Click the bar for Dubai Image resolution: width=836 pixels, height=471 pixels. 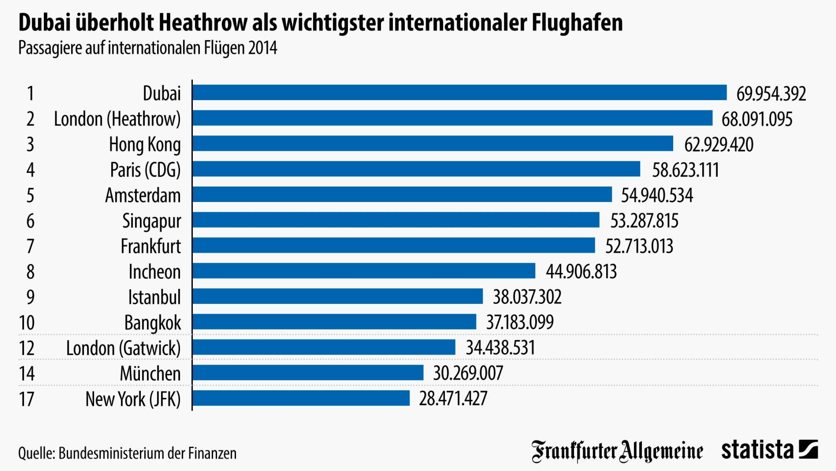(x=459, y=92)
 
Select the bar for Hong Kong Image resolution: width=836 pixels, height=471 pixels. (x=432, y=143)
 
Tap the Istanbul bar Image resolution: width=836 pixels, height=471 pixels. (x=337, y=296)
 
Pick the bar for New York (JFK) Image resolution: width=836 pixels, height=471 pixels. (x=301, y=398)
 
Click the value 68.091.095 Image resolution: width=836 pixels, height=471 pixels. (x=757, y=119)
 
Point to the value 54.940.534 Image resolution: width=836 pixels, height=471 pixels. (x=657, y=195)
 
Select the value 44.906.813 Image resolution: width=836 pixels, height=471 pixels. (x=581, y=271)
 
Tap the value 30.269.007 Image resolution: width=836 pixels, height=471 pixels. (x=468, y=373)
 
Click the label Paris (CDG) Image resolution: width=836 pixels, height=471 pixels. (x=145, y=169)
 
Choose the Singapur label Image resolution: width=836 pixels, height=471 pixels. (x=151, y=221)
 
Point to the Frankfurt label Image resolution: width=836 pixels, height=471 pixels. (x=151, y=246)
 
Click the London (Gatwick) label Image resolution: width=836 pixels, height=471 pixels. (x=123, y=348)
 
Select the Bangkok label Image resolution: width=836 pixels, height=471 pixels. (x=152, y=323)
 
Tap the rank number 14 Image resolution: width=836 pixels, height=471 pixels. (x=27, y=373)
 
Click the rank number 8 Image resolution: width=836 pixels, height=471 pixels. (x=30, y=272)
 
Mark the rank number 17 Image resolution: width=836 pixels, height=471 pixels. (x=27, y=399)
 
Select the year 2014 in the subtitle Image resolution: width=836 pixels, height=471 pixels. (x=263, y=48)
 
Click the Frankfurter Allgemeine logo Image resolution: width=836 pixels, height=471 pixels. (x=617, y=451)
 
